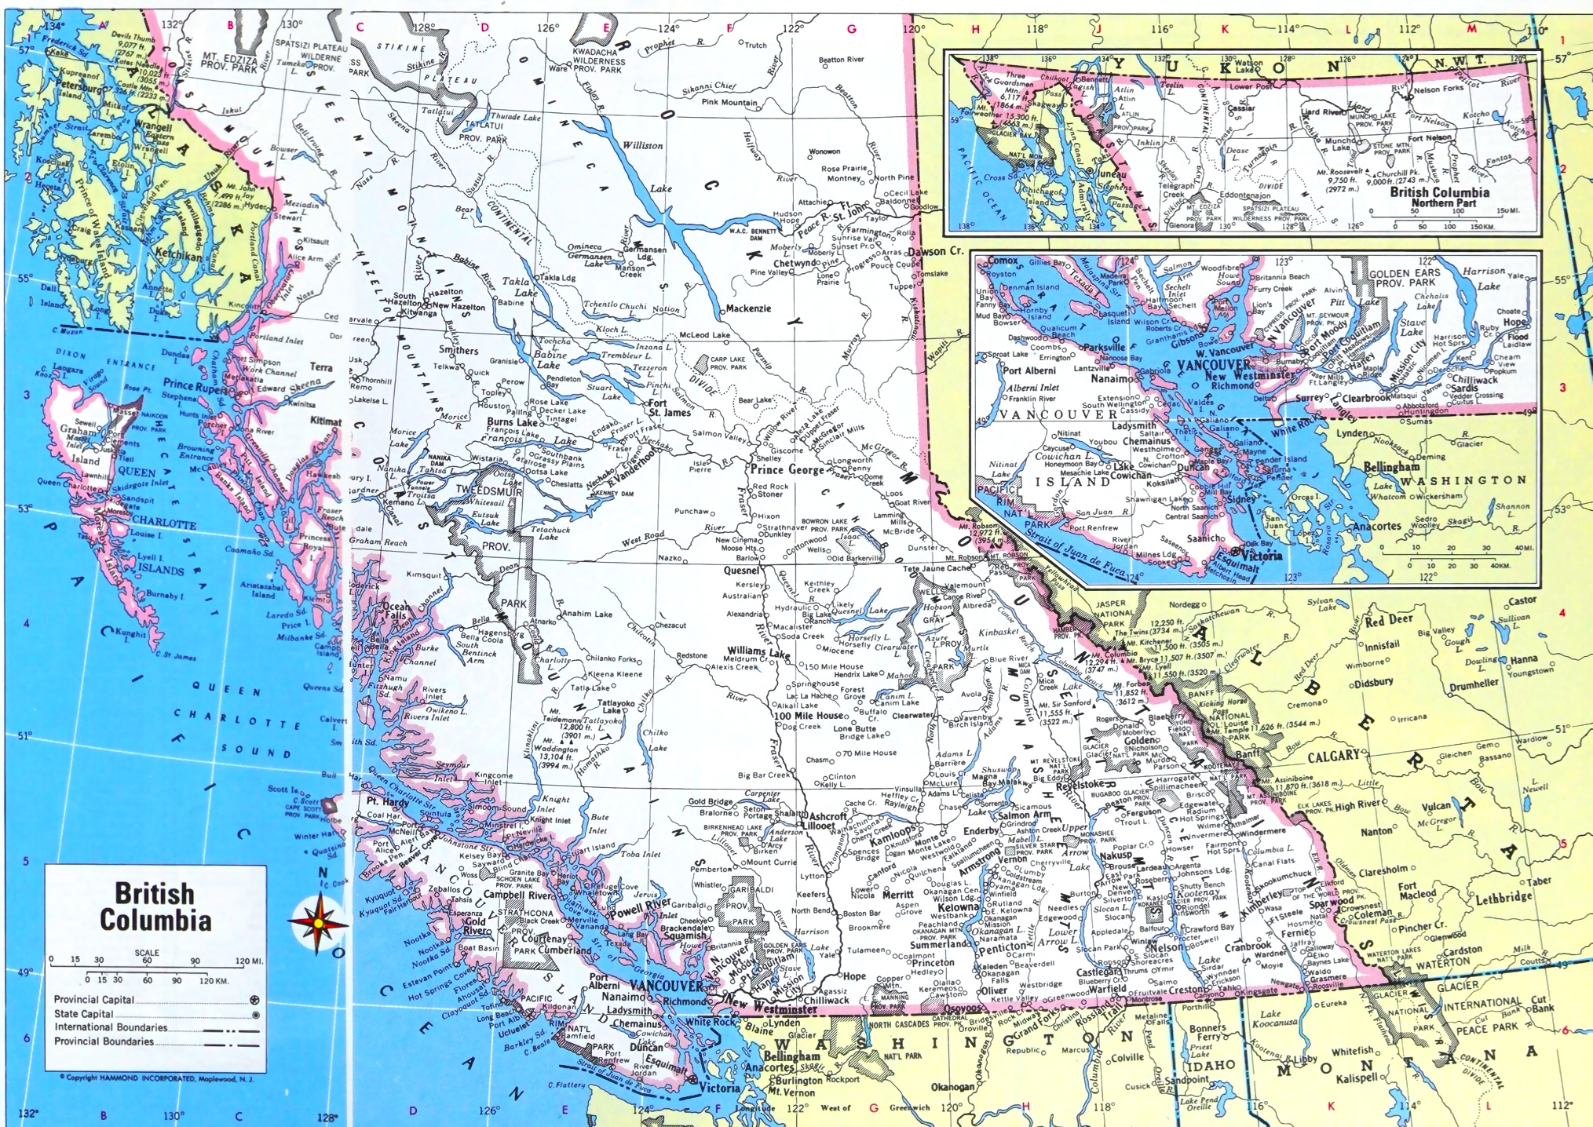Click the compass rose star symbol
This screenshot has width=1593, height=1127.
316,923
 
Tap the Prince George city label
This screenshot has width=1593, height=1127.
787,470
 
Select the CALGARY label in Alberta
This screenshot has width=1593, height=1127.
1333,755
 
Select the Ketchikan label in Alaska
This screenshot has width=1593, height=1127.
178,256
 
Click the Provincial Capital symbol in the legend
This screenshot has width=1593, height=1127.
254,1001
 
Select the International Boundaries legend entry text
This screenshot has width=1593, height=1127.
111,1027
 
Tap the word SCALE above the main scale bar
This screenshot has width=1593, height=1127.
147,953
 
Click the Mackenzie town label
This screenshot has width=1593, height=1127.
747,308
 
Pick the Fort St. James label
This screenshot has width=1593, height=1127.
669,407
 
